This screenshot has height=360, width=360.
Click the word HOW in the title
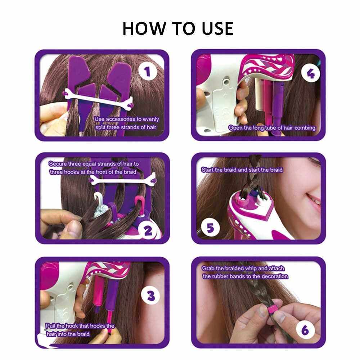point(144,28)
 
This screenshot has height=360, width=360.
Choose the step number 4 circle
point(310,73)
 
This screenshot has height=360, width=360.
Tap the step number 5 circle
point(210,228)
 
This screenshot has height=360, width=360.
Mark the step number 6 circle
point(305,330)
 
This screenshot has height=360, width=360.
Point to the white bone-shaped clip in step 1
point(98,98)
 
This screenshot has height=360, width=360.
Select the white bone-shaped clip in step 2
point(123,180)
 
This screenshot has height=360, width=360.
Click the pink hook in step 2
point(139,202)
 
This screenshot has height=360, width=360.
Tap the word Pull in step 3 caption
point(50,326)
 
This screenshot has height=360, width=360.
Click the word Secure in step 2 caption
point(57,164)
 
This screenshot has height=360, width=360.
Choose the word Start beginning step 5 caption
point(207,170)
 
